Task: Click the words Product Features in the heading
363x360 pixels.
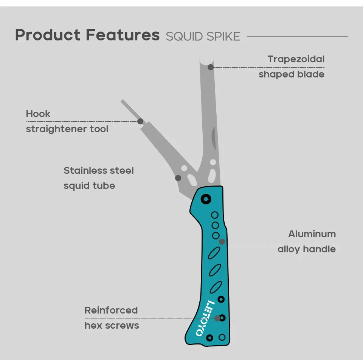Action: point(87,35)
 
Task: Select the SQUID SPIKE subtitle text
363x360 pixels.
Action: point(203,37)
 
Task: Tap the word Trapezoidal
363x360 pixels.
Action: point(296,59)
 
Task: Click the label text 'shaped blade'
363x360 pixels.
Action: point(292,74)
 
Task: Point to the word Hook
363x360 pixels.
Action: point(38,114)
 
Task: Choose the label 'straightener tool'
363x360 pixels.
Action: point(67,129)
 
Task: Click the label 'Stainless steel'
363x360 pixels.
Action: point(99,171)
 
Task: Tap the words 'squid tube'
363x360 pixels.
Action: point(89,185)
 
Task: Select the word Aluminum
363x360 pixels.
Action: point(312,234)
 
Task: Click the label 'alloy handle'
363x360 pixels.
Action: point(307,249)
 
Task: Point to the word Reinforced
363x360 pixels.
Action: point(111,310)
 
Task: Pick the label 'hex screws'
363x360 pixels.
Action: point(112,325)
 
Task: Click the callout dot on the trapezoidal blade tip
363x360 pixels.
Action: point(211,67)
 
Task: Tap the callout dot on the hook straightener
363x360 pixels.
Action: point(140,121)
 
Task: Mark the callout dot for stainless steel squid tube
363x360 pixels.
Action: point(178,178)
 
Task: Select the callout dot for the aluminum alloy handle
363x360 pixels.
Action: point(222,242)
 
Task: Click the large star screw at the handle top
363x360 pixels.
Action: point(206,199)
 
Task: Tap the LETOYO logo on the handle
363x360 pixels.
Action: point(205,318)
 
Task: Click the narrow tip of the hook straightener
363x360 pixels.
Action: point(122,101)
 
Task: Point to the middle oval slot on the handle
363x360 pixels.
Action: point(215,270)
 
